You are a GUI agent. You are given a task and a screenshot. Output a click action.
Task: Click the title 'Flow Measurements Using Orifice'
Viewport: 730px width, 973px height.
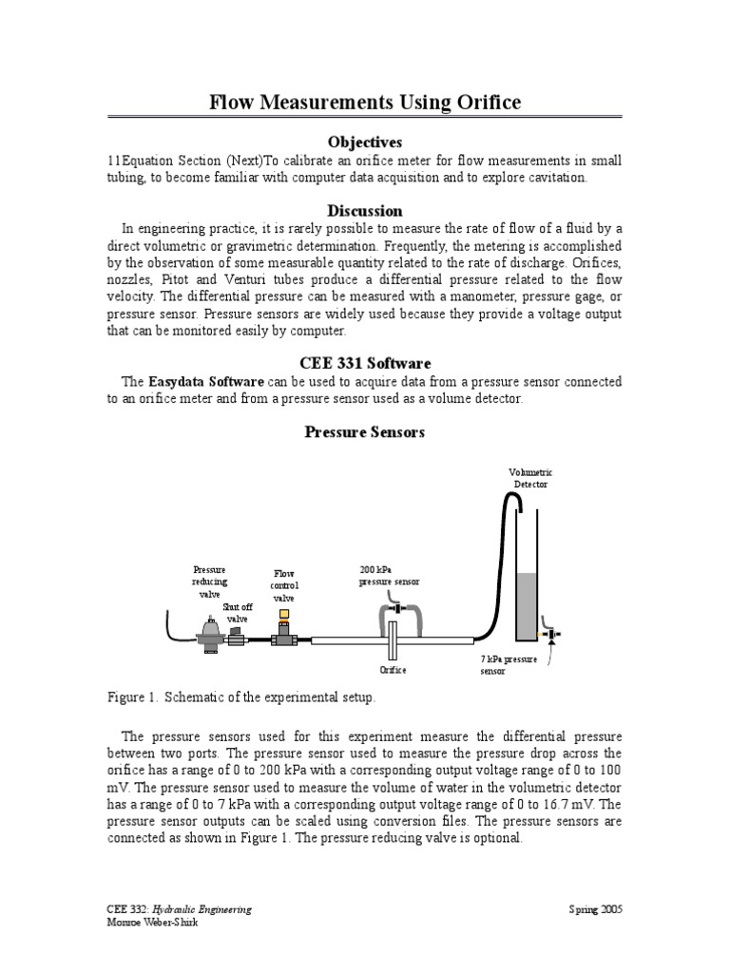point(365,102)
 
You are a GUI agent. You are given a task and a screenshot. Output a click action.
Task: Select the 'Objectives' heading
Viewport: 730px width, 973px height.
point(365,143)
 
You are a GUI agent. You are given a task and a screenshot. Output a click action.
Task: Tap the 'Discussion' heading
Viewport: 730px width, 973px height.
point(365,210)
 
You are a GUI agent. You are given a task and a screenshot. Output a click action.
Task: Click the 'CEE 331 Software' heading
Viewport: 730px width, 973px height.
point(365,363)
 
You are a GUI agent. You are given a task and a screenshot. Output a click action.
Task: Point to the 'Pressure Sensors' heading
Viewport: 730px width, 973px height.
point(365,432)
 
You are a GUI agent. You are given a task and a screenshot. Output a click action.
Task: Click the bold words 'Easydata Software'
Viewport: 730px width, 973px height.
point(206,381)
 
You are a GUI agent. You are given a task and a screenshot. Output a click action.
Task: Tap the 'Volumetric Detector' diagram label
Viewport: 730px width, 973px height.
point(530,479)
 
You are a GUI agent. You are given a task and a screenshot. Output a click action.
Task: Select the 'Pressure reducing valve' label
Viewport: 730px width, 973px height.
point(210,582)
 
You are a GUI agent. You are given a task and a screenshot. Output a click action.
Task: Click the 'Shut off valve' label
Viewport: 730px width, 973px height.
point(238,613)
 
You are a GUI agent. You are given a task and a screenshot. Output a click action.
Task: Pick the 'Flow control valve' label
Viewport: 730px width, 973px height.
point(284,585)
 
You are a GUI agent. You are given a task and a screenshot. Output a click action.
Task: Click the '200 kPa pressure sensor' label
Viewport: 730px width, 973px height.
point(389,576)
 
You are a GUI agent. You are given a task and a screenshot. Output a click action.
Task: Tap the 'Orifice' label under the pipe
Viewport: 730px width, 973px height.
point(393,670)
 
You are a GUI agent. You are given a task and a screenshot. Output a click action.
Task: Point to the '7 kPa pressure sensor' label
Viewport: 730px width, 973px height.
point(509,665)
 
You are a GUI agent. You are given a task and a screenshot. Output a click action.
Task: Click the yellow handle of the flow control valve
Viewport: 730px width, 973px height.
point(284,615)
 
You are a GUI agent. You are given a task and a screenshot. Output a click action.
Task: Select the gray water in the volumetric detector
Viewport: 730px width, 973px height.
point(527,607)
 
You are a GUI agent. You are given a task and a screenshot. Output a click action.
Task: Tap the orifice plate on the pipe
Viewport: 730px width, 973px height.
point(393,640)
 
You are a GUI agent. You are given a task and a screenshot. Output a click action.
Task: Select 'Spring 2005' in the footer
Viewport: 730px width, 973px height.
point(595,909)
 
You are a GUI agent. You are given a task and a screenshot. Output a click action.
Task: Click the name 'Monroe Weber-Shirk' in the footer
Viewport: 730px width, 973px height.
point(153,922)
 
